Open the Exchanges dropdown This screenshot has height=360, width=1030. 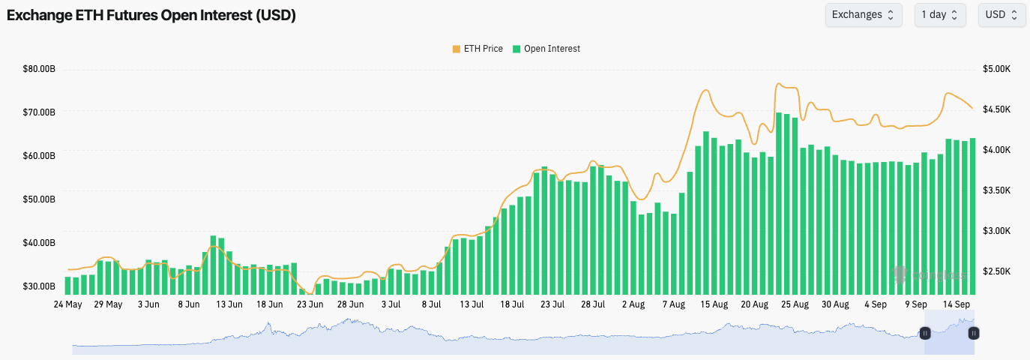click(x=863, y=15)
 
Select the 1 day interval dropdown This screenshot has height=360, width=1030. click(x=939, y=15)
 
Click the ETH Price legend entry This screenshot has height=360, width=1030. click(x=477, y=49)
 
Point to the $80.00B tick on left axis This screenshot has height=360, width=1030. click(x=39, y=69)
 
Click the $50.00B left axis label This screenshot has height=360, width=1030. click(x=39, y=199)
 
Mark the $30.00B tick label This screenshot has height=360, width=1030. click(x=39, y=286)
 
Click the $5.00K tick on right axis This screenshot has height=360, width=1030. click(x=997, y=69)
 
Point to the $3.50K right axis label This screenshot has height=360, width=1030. click(x=997, y=190)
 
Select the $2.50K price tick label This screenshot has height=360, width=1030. click(x=997, y=271)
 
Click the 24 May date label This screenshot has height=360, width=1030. click(x=68, y=304)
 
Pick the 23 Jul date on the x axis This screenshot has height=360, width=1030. click(x=552, y=304)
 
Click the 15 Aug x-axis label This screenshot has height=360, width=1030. click(x=714, y=304)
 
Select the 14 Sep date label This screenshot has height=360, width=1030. click(x=957, y=304)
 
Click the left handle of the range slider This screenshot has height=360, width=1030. click(x=925, y=333)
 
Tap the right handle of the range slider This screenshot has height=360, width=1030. click(x=974, y=333)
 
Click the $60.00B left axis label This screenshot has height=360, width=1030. click(x=39, y=156)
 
